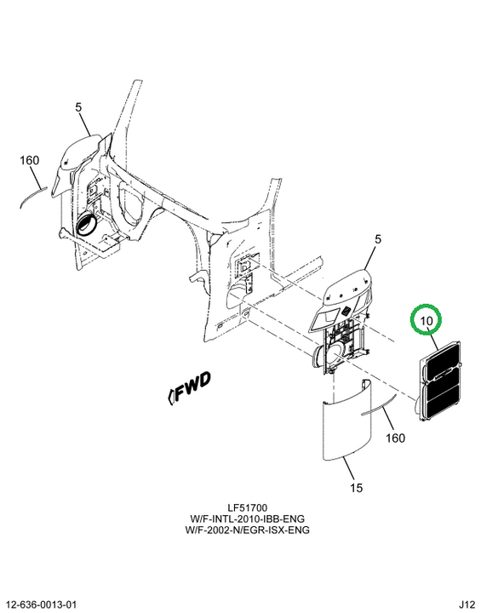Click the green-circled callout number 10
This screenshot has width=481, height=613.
pyautogui.click(x=427, y=321)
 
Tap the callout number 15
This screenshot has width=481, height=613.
pyautogui.click(x=356, y=488)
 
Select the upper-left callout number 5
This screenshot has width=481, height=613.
pyautogui.click(x=78, y=107)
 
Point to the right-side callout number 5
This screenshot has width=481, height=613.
pyautogui.click(x=377, y=239)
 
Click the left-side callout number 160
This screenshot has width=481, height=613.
pyautogui.click(x=29, y=160)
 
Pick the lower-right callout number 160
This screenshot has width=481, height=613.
pyautogui.click(x=395, y=438)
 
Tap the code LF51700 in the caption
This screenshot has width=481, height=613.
pyautogui.click(x=248, y=507)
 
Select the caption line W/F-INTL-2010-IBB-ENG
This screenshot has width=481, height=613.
pyautogui.click(x=247, y=518)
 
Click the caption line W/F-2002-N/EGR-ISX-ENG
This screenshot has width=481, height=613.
pyautogui.click(x=247, y=530)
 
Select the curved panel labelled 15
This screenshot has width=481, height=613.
pyautogui.click(x=346, y=422)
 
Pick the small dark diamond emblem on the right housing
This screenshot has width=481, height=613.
pyautogui.click(x=346, y=311)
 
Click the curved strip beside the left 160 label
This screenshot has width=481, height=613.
pyautogui.click(x=33, y=197)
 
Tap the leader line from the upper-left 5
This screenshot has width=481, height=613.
pyautogui.click(x=86, y=124)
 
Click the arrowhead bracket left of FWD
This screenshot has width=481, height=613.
pyautogui.click(x=170, y=397)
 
